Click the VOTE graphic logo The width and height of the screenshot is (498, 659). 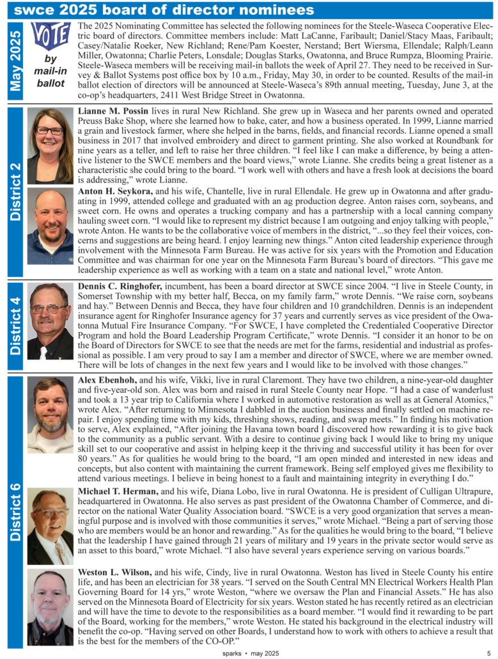coord(51,37)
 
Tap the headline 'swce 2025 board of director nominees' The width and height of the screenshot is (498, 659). coord(164,10)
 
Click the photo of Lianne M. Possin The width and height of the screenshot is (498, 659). coord(51,146)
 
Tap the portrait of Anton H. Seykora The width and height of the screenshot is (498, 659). coord(51,226)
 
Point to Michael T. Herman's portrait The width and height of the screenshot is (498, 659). coord(51,518)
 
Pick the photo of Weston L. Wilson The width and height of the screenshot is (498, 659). coord(51,606)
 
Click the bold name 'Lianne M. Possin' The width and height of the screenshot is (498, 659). coord(113,111)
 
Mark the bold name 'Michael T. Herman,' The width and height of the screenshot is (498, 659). coord(118,491)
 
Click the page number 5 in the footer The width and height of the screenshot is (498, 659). coord(488,653)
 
